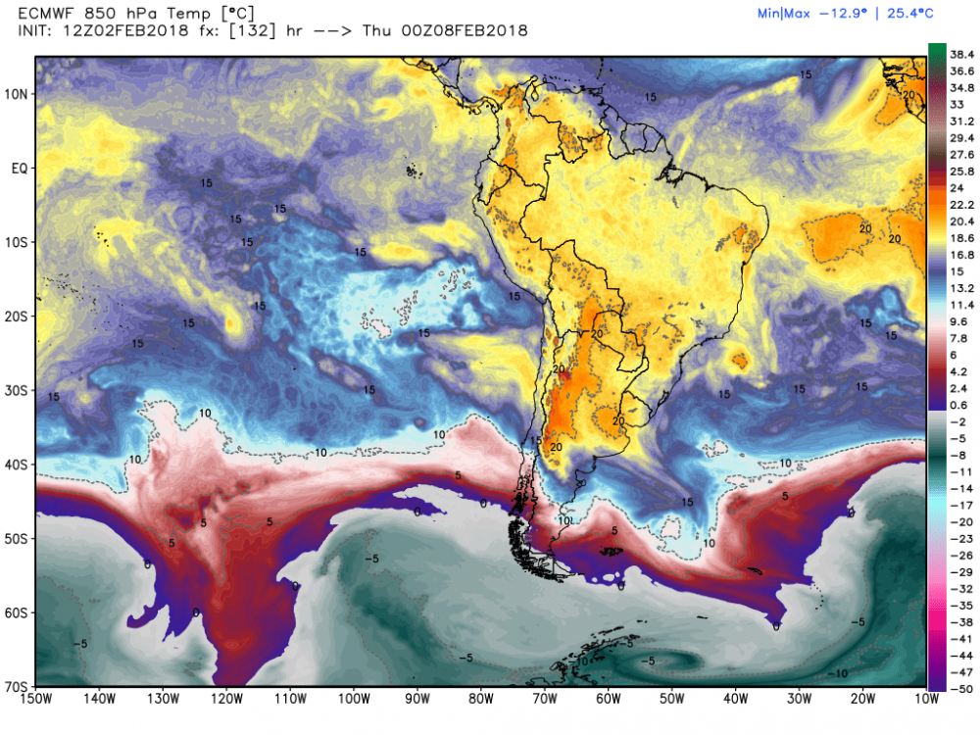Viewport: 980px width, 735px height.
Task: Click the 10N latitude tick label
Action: coord(17,94)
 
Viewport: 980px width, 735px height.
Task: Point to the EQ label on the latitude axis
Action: coord(18,169)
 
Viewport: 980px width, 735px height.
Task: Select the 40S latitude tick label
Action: coord(17,464)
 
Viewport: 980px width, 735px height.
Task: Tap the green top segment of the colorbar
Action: coord(937,50)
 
